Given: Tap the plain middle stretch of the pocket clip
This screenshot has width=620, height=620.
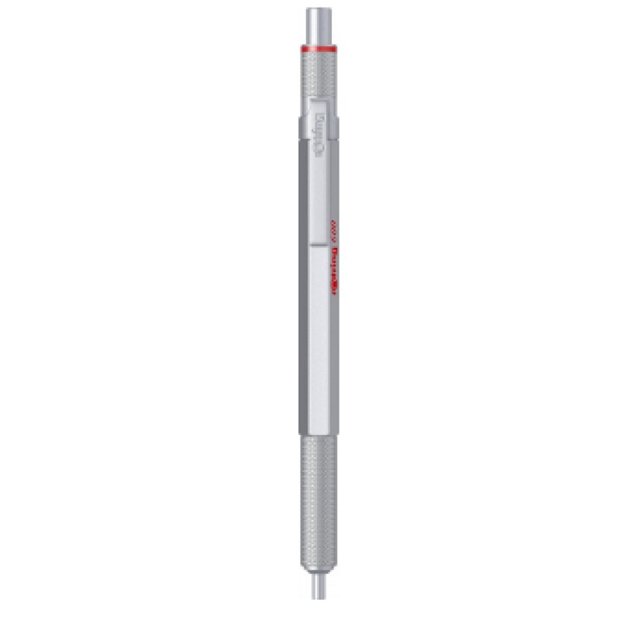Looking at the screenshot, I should coord(320,186).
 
